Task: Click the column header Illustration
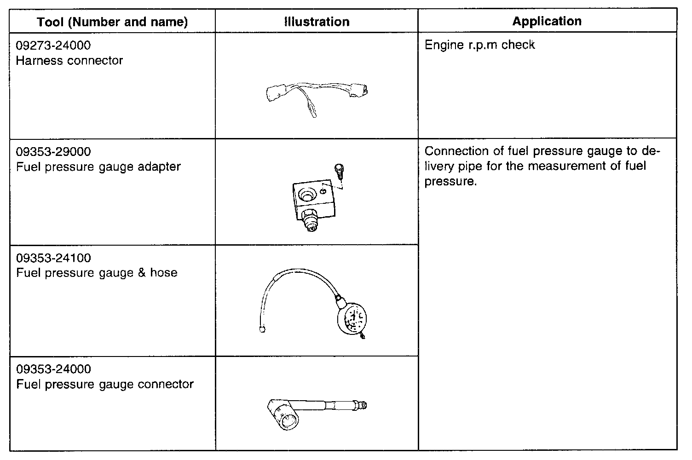pyautogui.click(x=317, y=22)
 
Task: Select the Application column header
pyautogui.click(x=547, y=21)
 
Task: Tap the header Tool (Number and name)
pyautogui.click(x=112, y=22)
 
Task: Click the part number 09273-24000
pyautogui.click(x=53, y=45)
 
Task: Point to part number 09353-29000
pyautogui.click(x=53, y=151)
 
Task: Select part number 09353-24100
pyautogui.click(x=53, y=258)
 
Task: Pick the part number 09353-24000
pyautogui.click(x=53, y=369)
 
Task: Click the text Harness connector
pyautogui.click(x=69, y=61)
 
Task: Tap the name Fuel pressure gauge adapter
pyautogui.click(x=98, y=167)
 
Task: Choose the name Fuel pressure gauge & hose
pyautogui.click(x=97, y=273)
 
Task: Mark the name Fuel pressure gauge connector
pyautogui.click(x=105, y=384)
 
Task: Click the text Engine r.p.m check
pyautogui.click(x=479, y=45)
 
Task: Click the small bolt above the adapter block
pyautogui.click(x=340, y=172)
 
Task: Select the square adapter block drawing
pyautogui.click(x=313, y=198)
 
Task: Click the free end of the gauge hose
pyautogui.click(x=262, y=329)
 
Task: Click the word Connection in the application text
pyautogui.click(x=457, y=151)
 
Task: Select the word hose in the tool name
pyautogui.click(x=163, y=273)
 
